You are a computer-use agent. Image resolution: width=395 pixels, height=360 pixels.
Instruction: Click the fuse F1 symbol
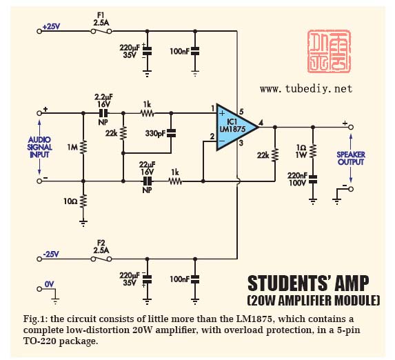[x=101, y=31]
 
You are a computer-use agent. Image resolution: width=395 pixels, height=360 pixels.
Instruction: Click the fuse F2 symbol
[x=101, y=259]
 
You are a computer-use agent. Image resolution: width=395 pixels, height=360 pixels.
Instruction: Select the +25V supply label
[x=52, y=26]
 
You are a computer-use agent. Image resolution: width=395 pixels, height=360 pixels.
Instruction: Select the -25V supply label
[x=51, y=254]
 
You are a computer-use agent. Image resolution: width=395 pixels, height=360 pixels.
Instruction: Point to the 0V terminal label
[x=50, y=284]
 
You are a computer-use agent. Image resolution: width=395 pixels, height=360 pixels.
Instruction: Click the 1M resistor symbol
[x=83, y=147]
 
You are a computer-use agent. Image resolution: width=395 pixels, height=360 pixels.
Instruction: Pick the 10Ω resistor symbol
[x=83, y=201]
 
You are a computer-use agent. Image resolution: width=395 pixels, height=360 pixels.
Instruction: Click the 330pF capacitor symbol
[x=171, y=133]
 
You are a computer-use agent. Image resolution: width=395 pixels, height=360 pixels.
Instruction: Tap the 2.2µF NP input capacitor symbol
[x=103, y=113]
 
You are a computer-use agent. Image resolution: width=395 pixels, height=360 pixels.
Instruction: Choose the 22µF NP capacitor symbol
[x=147, y=181]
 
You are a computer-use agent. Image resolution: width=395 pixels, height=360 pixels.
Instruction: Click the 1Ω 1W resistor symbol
[x=313, y=151]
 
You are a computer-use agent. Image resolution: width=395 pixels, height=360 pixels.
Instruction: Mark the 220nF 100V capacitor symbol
[x=313, y=179]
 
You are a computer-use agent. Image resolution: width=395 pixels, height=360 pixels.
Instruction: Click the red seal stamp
[x=329, y=51]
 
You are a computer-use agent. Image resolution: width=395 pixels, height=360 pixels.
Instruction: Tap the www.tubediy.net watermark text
[x=306, y=89]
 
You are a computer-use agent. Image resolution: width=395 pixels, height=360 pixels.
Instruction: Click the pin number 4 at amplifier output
[x=261, y=123]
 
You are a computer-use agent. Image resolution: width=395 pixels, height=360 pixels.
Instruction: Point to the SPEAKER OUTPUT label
[x=351, y=159]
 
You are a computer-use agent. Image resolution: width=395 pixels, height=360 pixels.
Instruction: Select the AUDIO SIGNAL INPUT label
[x=39, y=147]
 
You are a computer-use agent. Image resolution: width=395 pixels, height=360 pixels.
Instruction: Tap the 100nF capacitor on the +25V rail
[x=195, y=51]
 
